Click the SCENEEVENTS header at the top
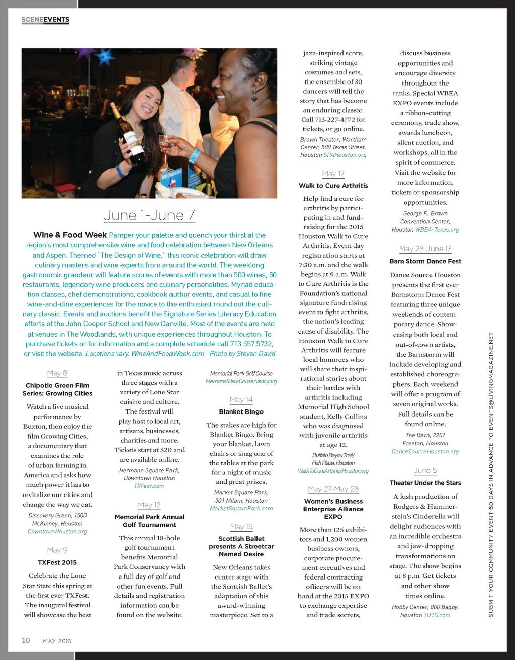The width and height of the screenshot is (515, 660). coord(45,20)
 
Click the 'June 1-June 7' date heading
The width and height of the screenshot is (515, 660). coord(149,215)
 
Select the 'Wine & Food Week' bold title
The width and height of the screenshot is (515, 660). coord(70,235)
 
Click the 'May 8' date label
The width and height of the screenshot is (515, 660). coord(57,373)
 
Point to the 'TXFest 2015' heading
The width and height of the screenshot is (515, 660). coord(57,562)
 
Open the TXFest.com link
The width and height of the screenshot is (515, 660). coord(149,486)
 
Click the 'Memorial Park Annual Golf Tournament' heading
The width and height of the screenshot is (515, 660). coord(149,521)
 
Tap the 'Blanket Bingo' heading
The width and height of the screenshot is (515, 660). coord(241,411)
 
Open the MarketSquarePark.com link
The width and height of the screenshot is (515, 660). coord(241,508)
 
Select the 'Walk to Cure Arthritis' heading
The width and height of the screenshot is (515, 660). coord(333,186)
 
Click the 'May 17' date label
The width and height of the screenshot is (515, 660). coord(333,174)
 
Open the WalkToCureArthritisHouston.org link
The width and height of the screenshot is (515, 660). coord(333,471)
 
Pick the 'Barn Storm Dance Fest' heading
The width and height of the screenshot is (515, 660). coord(425,261)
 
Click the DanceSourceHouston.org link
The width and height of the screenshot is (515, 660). coord(425,451)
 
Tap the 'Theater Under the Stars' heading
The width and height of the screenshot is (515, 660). coord(425,483)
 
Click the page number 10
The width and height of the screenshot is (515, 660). coord(26,640)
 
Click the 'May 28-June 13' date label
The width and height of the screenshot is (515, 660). coord(425,249)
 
